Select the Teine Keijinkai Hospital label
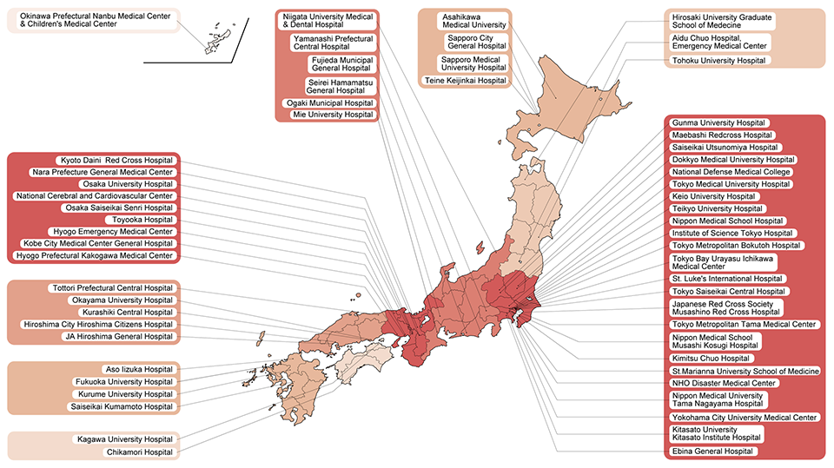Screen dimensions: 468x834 pyautogui.click(x=465, y=81)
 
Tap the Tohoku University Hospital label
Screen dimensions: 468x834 pyautogui.click(x=719, y=61)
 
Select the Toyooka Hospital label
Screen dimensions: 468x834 pyautogui.click(x=154, y=221)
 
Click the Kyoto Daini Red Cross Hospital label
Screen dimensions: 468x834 pyautogui.click(x=117, y=161)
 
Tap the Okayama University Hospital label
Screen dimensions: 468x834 pyautogui.click(x=122, y=300)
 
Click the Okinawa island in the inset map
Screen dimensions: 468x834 pyautogui.click(x=214, y=40)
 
